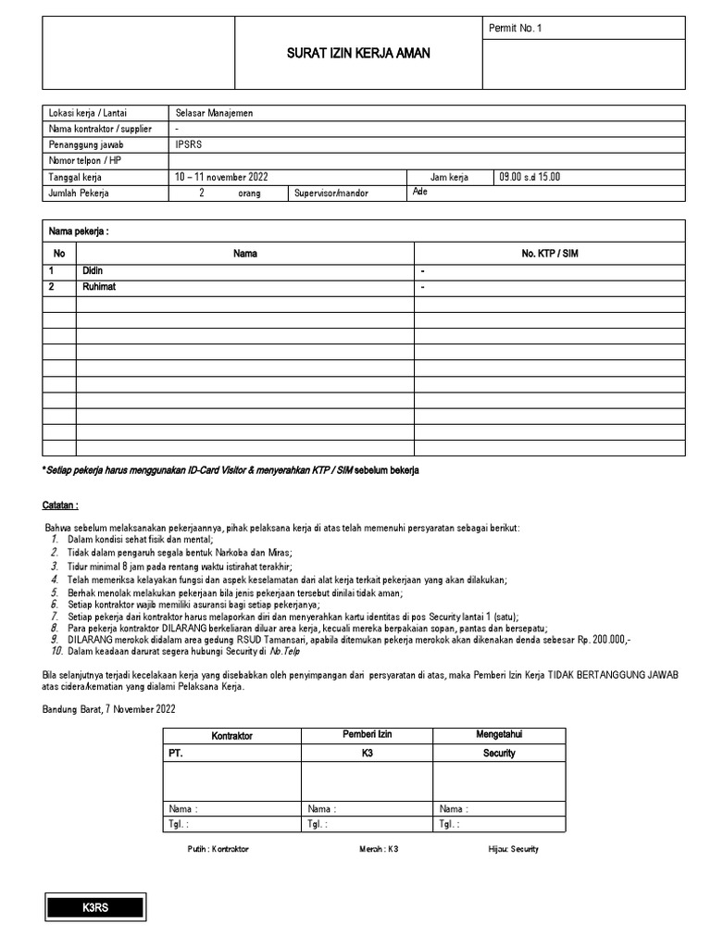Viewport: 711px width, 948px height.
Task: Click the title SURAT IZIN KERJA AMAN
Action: click(x=358, y=54)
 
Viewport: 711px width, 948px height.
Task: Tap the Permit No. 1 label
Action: click(x=515, y=28)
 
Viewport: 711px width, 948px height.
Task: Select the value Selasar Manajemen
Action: click(x=214, y=113)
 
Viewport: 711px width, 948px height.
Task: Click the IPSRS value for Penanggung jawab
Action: click(x=187, y=145)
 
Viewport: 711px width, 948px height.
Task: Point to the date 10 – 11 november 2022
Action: click(x=220, y=177)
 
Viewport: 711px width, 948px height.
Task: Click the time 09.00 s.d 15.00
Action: click(x=530, y=177)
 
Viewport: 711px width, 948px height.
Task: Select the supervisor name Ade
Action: click(x=418, y=192)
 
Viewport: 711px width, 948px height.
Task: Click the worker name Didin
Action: click(x=94, y=270)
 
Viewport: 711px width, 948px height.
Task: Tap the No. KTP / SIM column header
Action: click(x=550, y=254)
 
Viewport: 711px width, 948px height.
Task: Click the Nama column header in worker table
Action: click(x=245, y=254)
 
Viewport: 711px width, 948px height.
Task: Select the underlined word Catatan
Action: click(x=60, y=505)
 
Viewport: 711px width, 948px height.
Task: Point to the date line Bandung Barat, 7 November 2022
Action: click(x=108, y=708)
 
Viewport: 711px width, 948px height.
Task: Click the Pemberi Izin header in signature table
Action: click(x=368, y=734)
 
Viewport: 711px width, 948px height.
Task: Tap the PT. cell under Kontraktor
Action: click(x=175, y=754)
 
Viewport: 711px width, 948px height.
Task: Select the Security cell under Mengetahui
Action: click(x=499, y=754)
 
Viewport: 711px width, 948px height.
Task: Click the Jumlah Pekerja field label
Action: click(x=79, y=193)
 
